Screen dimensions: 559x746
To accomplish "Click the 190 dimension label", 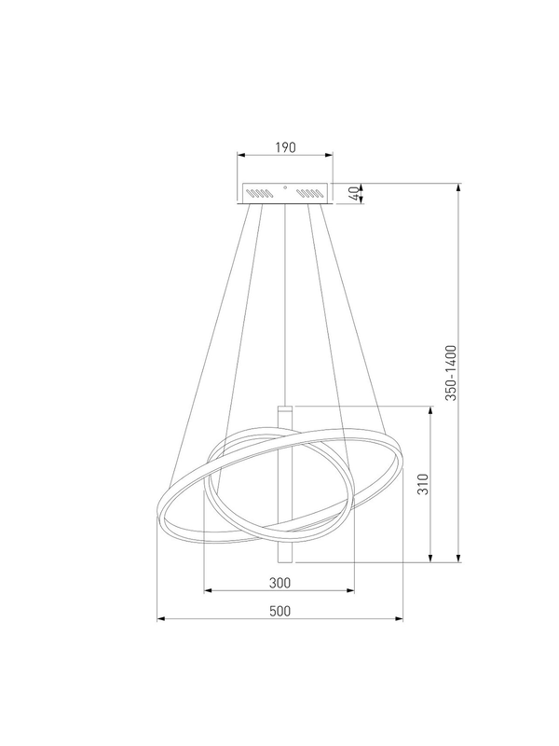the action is pos(285,147).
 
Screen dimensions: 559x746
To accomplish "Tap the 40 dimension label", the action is pos(353,194).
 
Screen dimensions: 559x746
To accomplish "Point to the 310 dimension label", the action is pos(423,484).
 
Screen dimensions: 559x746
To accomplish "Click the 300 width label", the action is pos(279,582).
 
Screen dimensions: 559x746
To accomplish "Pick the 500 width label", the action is pos(279,611).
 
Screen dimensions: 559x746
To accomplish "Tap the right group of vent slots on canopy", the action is pos(311,193).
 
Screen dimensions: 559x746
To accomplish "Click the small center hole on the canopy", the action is pos(285,187).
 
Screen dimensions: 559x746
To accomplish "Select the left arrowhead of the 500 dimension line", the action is pos(160,619).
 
